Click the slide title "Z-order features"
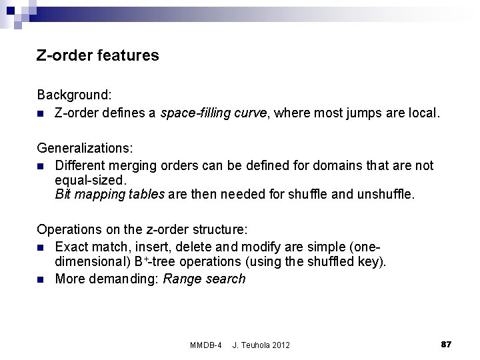[x=98, y=55]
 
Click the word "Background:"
[x=74, y=95]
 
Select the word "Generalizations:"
[x=85, y=147]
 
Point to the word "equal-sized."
[x=91, y=180]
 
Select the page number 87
[x=447, y=343]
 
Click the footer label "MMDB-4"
[x=206, y=345]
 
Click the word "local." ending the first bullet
[x=423, y=113]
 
